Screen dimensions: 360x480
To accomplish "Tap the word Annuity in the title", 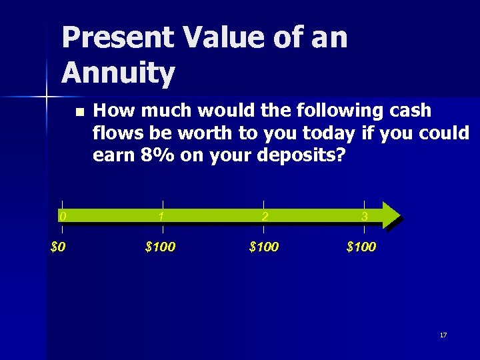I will [119, 73].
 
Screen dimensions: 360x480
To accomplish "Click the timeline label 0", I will [62, 216].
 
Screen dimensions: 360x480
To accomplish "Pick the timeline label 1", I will [162, 216].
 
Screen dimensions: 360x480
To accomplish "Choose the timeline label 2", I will [265, 216].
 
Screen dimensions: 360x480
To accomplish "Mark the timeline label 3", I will [364, 216].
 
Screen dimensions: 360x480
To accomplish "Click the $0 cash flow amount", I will [59, 247].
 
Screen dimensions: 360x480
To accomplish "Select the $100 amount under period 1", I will [160, 247].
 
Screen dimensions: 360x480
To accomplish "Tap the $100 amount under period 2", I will [264, 247].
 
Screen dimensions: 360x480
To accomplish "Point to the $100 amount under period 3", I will [361, 247].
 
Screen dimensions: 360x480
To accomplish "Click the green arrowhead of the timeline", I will [392, 215].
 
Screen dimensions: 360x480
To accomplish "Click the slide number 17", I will [443, 335].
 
